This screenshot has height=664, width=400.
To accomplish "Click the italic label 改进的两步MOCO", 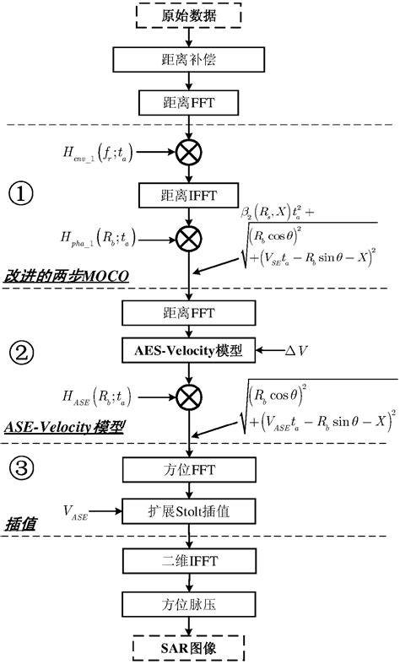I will (60, 277).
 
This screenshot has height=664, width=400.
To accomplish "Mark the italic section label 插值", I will (18, 524).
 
